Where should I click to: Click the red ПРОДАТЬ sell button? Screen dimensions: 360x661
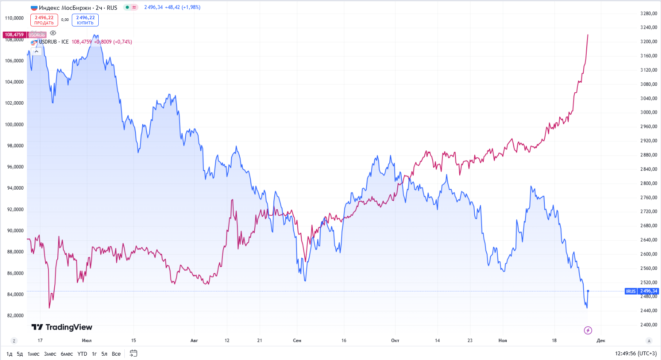coord(44,20)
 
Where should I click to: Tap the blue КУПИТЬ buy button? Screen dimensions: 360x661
coord(85,20)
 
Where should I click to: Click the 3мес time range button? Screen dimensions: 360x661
coord(50,354)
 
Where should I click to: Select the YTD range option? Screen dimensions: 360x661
coord(82,354)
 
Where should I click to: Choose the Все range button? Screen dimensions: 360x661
coord(116,354)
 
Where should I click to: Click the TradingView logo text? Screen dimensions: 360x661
coord(62,327)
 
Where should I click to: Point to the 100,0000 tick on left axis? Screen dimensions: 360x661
coord(14,125)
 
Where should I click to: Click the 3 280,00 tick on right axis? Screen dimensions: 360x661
coord(649,14)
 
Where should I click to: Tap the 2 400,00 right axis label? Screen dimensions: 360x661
coord(649,325)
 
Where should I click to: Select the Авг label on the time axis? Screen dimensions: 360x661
coord(194,340)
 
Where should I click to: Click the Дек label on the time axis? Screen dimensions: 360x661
coord(601,340)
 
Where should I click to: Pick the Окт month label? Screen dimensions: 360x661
coord(395,340)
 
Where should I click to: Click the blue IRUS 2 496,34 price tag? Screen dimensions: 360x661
coord(642,291)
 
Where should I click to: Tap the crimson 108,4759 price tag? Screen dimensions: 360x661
coord(15,35)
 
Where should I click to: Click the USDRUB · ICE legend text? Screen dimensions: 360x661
coord(53,42)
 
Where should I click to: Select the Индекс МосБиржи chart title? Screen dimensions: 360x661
coord(65,8)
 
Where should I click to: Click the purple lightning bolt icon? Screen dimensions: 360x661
coord(588,330)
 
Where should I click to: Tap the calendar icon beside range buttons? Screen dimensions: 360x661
coord(133,353)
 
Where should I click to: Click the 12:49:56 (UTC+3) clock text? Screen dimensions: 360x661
coord(635,354)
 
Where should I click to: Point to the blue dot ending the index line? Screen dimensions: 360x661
coord(588,291)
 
